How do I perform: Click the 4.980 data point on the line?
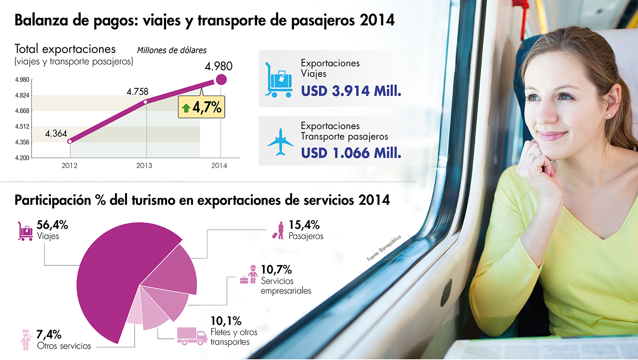[221, 80]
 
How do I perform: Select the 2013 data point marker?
[145, 102]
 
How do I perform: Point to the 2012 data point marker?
[70, 141]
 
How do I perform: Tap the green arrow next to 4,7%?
[186, 109]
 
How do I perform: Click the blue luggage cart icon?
[279, 80]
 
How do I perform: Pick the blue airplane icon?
[280, 142]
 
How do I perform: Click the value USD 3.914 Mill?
[351, 91]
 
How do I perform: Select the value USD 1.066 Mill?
[351, 153]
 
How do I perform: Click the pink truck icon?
[191, 336]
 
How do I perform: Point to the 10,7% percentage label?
[276, 270]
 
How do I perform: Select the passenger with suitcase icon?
[279, 230]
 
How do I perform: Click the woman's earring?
[609, 116]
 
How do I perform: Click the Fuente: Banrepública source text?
[383, 248]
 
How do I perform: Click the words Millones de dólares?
[172, 50]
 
